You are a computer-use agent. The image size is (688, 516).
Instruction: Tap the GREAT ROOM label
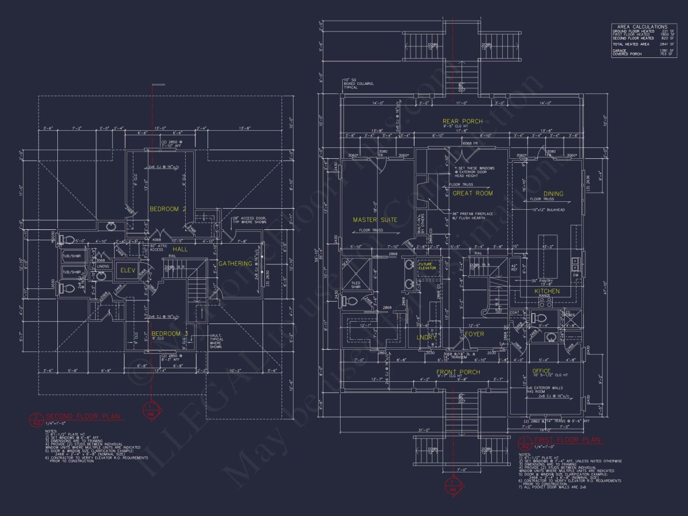pos(472,194)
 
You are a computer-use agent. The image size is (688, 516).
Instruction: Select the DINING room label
pos(553,194)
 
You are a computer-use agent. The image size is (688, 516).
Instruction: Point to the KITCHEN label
pos(547,291)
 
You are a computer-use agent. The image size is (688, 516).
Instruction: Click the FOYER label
pos(474,334)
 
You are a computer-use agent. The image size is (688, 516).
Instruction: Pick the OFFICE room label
pos(541,371)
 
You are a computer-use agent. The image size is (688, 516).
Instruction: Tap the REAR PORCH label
pos(462,121)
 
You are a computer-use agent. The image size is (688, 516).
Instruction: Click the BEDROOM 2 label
pos(168,209)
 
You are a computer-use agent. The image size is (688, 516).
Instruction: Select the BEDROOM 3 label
pos(170,333)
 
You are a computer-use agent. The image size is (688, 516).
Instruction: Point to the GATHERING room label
pos(235,264)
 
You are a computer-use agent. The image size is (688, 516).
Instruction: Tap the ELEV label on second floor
pos(127,271)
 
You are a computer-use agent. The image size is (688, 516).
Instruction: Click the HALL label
pos(181,249)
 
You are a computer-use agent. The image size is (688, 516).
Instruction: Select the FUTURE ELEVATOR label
pos(427,266)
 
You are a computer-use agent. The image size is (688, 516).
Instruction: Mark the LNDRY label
pos(426,338)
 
